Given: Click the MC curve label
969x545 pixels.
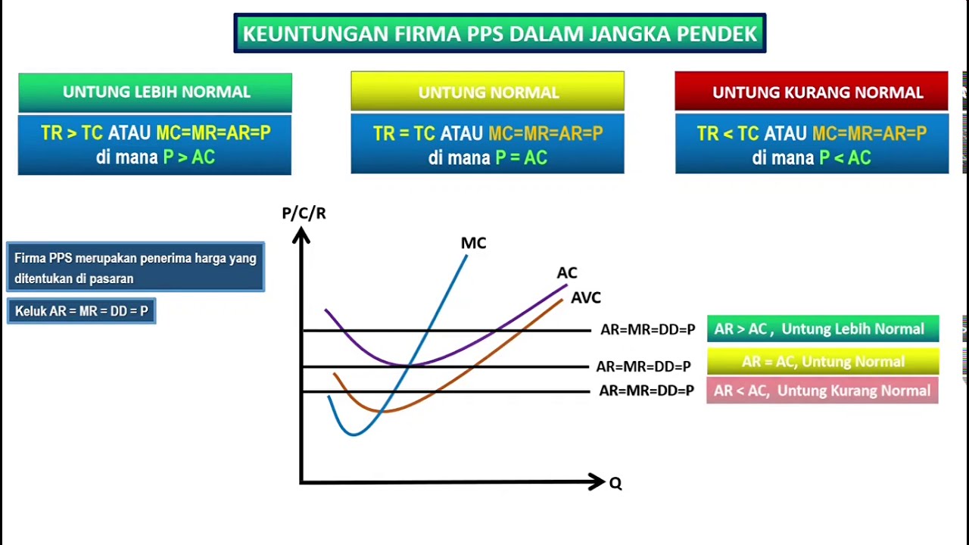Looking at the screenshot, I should tap(473, 243).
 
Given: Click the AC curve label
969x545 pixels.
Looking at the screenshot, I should tap(567, 273).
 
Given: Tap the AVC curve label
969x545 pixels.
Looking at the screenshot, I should tap(585, 298).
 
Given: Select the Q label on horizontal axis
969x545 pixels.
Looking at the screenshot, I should tap(615, 484).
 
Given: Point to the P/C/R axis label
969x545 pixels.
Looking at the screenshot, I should tap(304, 213).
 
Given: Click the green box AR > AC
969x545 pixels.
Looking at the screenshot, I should tap(822, 329).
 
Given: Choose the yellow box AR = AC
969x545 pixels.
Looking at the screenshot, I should tap(822, 362).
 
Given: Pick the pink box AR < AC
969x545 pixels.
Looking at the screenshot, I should tap(822, 391).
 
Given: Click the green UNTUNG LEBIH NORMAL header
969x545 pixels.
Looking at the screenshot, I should tap(155, 92).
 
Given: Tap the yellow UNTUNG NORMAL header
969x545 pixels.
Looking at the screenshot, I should tap(488, 92).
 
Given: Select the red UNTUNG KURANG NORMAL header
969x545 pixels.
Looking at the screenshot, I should tap(812, 92).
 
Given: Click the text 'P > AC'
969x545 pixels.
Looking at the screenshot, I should tap(189, 157).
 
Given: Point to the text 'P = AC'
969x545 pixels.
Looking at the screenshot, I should tap(521, 157).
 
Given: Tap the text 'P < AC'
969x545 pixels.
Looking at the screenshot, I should tap(845, 157).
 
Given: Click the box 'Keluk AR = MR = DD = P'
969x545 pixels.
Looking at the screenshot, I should tap(81, 311).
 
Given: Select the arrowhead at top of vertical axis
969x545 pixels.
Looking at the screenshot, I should tap(301, 235).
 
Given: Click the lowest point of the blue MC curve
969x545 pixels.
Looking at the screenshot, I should tap(353, 434).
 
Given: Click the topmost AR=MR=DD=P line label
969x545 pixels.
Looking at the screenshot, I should tap(647, 330).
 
